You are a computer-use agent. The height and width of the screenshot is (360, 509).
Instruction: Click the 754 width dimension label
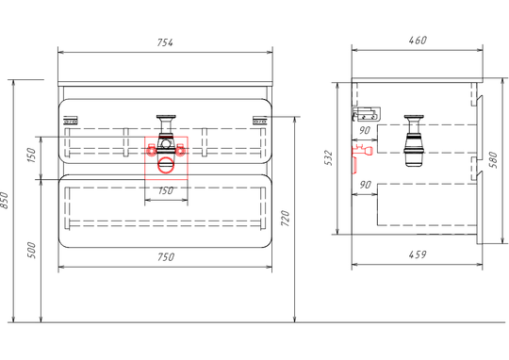(x=165, y=42)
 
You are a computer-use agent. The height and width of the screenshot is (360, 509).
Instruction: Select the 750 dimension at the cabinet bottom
(x=166, y=256)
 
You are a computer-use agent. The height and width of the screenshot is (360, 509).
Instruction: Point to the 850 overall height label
(x=4, y=200)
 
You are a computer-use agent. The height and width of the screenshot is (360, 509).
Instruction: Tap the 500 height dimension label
(x=31, y=250)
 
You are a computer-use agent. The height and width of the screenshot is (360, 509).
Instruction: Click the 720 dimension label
(x=285, y=218)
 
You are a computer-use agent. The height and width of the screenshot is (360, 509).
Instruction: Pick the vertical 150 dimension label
(x=31, y=155)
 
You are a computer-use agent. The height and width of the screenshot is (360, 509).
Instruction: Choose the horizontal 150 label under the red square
(x=166, y=190)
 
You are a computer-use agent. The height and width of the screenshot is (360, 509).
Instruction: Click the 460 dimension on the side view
(x=418, y=41)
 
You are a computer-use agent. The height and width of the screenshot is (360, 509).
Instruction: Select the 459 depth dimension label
(x=418, y=254)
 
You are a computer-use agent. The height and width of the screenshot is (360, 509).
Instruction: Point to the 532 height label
(x=329, y=157)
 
